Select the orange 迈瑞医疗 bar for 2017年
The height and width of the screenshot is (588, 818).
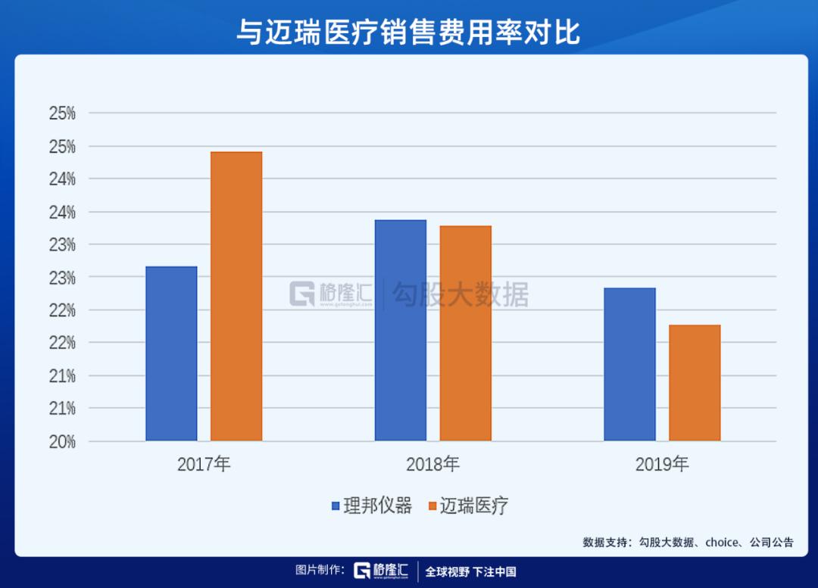point(236,296)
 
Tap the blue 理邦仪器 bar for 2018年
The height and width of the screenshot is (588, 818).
point(401,330)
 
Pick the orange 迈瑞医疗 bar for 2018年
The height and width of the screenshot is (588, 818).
point(465,333)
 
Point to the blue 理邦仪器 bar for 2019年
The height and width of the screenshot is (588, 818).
point(629,364)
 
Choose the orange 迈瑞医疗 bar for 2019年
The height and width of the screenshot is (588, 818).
point(695,382)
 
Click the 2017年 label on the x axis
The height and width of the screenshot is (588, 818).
point(204,464)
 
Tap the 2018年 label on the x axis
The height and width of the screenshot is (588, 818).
point(432,464)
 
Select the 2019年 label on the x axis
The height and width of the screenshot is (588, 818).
point(662,464)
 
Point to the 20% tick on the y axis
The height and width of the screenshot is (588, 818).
point(62,441)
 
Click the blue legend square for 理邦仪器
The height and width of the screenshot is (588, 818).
point(336,506)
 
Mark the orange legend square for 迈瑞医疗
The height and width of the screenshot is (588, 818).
point(432,506)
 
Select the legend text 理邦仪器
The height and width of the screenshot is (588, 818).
point(377,506)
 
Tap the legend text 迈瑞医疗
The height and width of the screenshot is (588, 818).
point(474,506)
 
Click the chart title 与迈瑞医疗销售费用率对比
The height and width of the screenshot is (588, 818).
point(408,32)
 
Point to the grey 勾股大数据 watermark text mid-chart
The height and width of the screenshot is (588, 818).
point(461,294)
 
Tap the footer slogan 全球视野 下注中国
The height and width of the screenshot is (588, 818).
point(470,571)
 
